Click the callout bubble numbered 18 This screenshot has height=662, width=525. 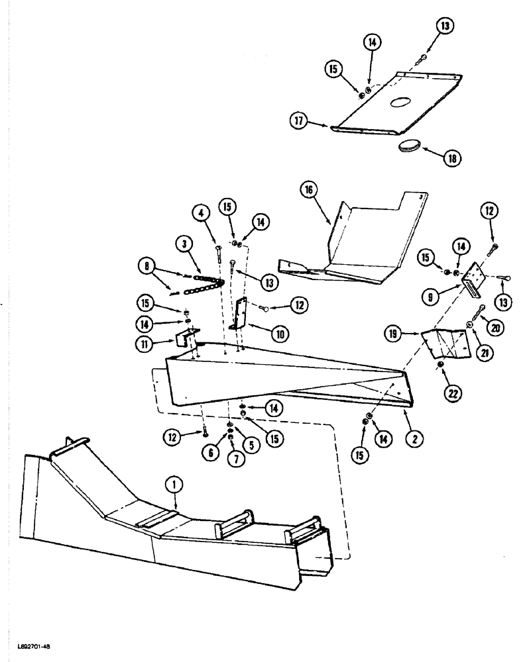pyautogui.click(x=454, y=158)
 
